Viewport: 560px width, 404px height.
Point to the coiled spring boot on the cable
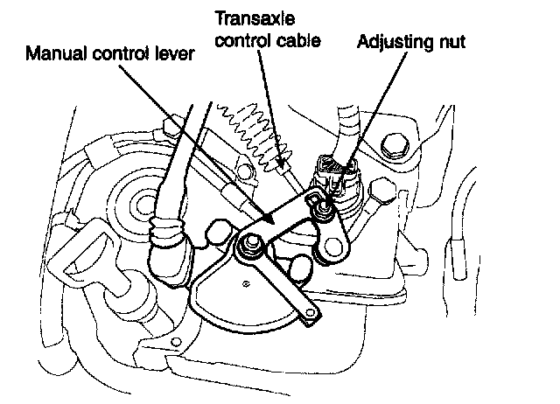[x=250, y=128]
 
